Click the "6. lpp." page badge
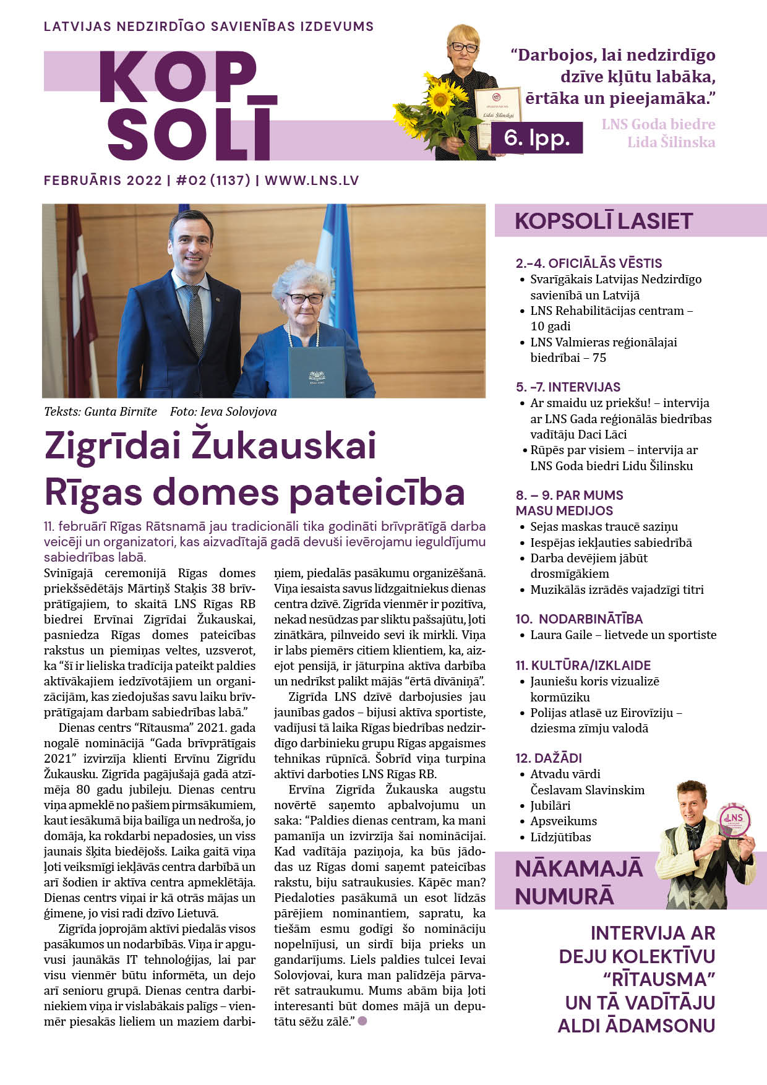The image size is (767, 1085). tap(536, 137)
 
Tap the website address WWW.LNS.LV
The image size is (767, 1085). tap(312, 181)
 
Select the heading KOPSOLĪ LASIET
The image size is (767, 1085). tap(604, 221)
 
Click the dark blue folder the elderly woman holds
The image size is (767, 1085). tap(317, 372)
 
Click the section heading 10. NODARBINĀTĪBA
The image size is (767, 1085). tap(579, 619)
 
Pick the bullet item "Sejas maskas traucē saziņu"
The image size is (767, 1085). tap(604, 527)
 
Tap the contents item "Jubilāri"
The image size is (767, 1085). tap(550, 805)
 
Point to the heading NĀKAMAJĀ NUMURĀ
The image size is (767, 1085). tap(578, 882)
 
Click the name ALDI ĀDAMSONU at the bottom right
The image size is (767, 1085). tap(636, 1026)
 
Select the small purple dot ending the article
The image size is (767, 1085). tap(362, 1021)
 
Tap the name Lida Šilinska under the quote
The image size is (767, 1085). tap(671, 142)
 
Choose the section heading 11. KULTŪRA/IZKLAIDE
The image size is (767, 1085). tap(583, 666)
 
